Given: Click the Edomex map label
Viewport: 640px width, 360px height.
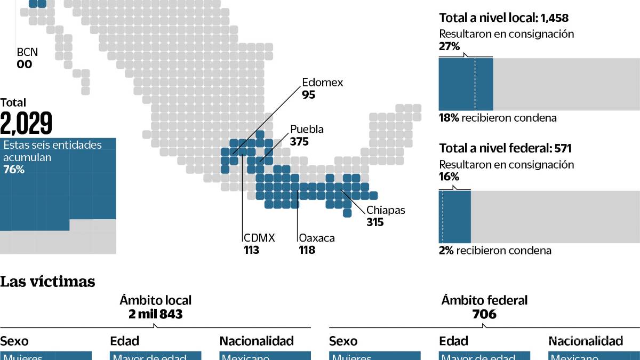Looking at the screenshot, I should click(322, 83).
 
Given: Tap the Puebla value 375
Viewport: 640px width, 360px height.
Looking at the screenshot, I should click(299, 142).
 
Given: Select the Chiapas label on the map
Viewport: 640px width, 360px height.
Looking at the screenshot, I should click(385, 210).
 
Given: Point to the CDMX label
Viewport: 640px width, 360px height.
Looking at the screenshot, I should click(259, 238).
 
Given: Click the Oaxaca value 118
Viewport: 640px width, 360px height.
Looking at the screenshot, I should click(307, 250).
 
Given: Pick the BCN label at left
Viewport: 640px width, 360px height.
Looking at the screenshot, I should click(27, 53).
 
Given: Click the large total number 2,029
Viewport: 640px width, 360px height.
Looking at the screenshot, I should click(26, 124).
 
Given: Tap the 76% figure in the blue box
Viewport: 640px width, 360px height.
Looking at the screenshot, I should click(14, 170).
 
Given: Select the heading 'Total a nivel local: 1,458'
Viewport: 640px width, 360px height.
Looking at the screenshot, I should click(503, 18).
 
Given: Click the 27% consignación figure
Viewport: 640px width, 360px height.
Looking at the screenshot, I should click(449, 46).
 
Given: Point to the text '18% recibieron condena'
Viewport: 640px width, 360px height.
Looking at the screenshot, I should click(497, 118).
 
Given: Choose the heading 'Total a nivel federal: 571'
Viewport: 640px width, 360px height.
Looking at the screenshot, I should click(505, 149).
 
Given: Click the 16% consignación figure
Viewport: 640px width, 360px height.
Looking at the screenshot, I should click(449, 177).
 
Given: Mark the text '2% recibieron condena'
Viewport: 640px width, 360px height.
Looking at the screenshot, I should click(494, 250).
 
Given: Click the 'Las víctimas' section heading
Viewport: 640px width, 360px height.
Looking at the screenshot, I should click(47, 281).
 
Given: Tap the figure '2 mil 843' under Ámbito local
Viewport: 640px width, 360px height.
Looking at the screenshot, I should click(156, 314).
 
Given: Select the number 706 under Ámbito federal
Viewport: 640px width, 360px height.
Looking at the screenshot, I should click(484, 314).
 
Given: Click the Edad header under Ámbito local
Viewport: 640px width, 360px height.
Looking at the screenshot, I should click(124, 341).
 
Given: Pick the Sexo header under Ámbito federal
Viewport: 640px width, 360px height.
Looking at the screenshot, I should click(343, 341).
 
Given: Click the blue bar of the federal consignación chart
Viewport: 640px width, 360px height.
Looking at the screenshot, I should click(455, 217).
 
